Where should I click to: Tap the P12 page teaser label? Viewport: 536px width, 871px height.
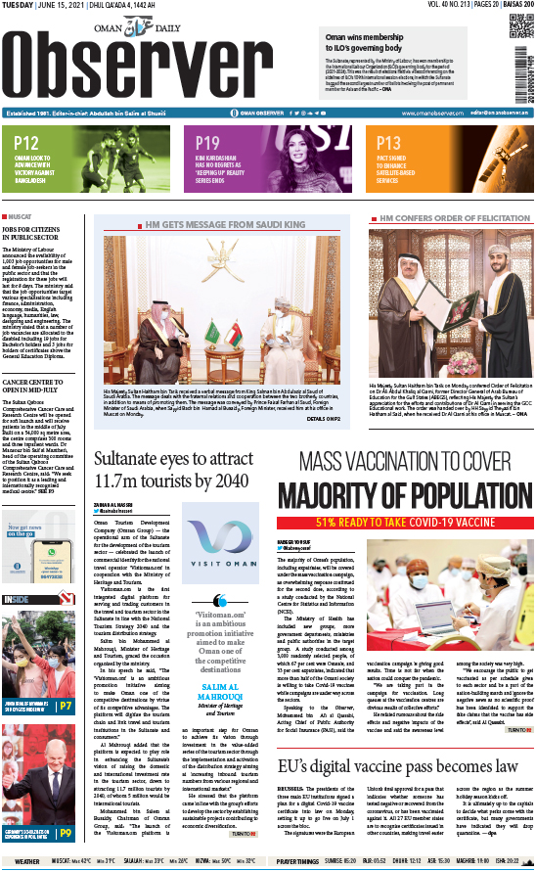(x=27, y=143)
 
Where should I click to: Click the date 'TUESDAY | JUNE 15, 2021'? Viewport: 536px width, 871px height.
(x=43, y=7)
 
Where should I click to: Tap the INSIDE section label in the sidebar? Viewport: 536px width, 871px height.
(x=17, y=599)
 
